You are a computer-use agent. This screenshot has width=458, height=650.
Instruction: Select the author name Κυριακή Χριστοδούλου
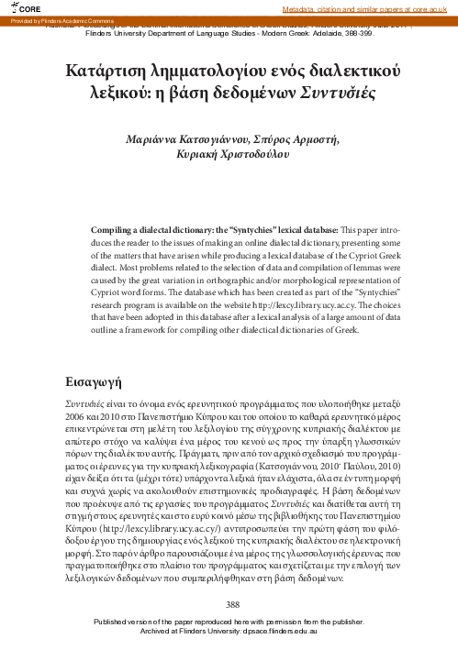tap(229, 156)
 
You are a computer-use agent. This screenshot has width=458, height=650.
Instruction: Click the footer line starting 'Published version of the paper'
tap(229, 622)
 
